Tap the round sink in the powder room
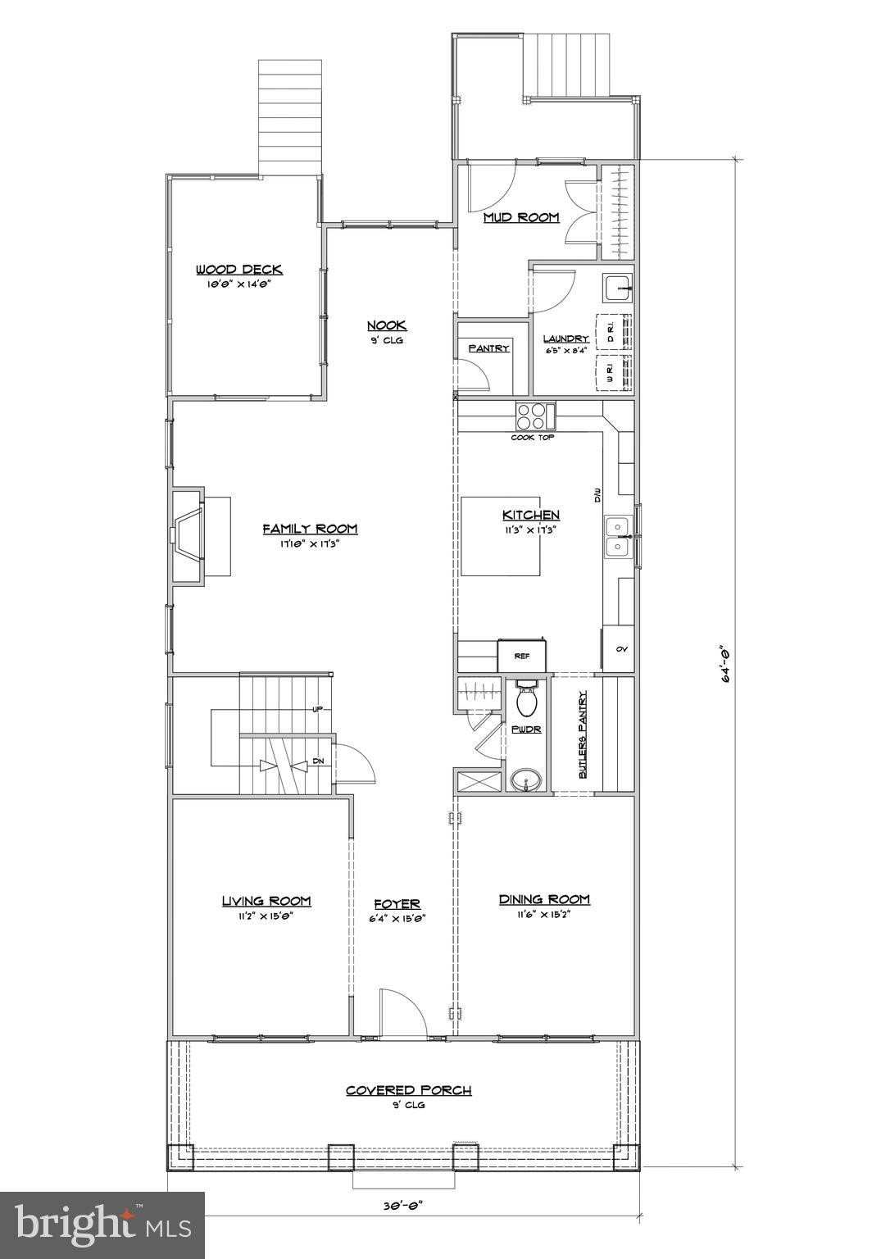(x=525, y=779)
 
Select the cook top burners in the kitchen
(x=530, y=417)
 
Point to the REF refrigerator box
(x=522, y=656)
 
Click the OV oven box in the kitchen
(x=620, y=649)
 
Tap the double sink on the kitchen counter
(x=616, y=536)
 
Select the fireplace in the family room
(x=188, y=536)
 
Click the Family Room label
(x=310, y=529)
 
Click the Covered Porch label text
(x=408, y=1090)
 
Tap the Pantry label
(x=488, y=348)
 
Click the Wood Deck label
(x=238, y=270)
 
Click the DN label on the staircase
(x=318, y=761)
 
